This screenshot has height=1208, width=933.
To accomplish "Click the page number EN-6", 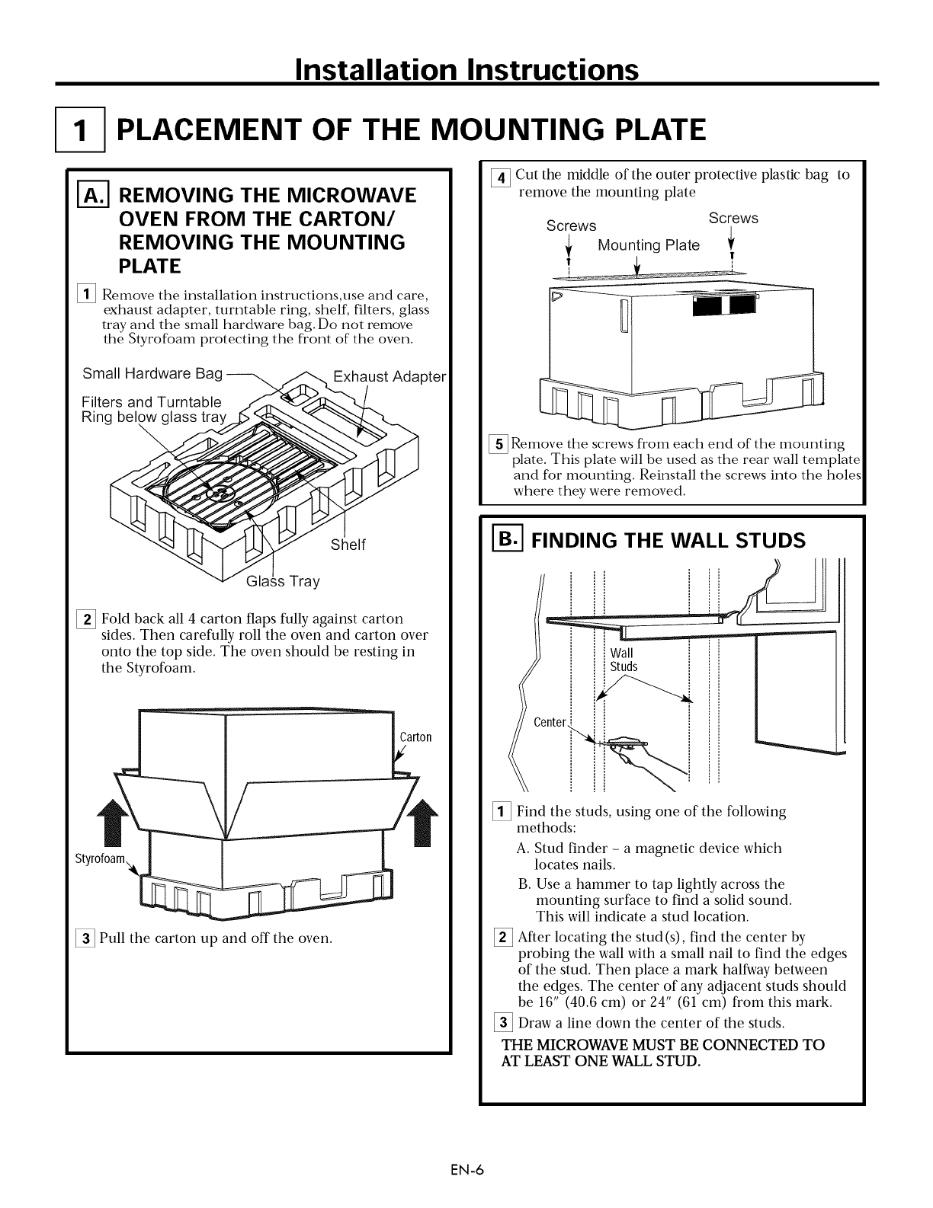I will (466, 1171).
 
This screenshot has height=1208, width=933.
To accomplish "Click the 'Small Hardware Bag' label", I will (152, 373).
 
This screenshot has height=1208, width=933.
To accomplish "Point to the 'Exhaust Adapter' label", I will (389, 377).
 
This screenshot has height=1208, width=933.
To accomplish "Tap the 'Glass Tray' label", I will (283, 582).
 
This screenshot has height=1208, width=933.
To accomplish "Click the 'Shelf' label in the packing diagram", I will (348, 545).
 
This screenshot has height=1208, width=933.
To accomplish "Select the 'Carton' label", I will (415, 737).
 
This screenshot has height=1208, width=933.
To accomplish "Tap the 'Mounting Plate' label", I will (649, 245).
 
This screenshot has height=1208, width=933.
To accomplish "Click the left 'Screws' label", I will (571, 226).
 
